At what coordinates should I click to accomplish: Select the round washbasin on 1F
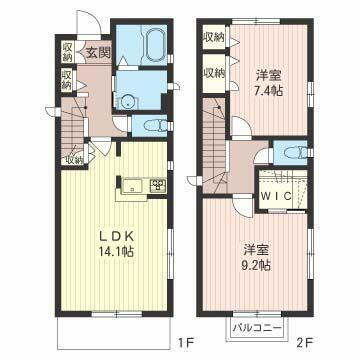coord(126,99)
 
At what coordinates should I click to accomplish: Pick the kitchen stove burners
coord(157,184)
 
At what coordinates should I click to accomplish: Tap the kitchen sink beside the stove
coord(132,184)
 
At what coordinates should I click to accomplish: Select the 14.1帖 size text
coord(115,253)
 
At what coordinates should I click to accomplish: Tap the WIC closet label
coord(277,196)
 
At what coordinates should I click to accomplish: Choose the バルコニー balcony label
coord(257,327)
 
